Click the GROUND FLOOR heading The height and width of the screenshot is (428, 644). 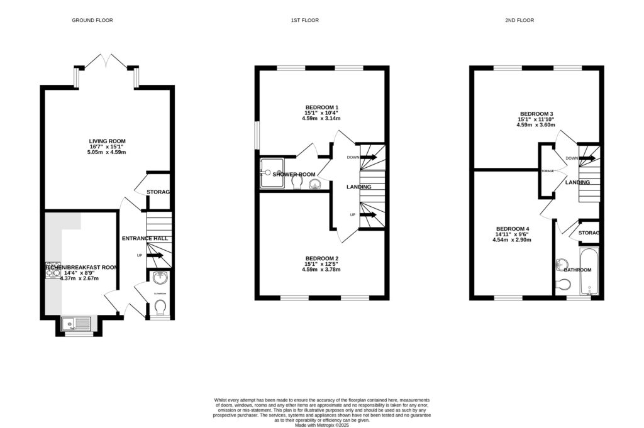[92, 21]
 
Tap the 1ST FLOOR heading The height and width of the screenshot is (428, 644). [304, 21]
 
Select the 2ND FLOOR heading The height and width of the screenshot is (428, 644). [519, 21]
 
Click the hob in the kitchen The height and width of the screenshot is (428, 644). [52, 270]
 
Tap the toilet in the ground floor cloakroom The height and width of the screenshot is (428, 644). [160, 307]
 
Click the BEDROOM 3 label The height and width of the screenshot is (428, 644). [537, 114]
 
